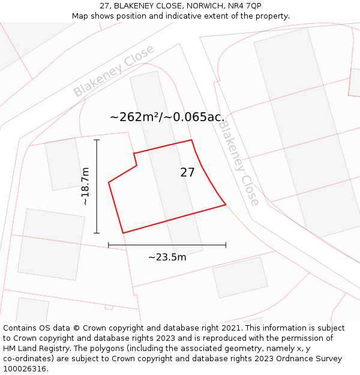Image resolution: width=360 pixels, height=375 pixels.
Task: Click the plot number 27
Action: point(187,173)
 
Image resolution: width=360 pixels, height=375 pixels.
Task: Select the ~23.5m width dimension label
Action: point(167,257)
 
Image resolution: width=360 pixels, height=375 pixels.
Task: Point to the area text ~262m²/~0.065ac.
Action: point(167,117)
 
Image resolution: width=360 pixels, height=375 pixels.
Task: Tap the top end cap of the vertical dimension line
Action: point(97,140)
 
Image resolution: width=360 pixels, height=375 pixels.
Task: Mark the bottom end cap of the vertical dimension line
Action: point(97,233)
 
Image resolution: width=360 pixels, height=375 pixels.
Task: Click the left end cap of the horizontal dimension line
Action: point(109,245)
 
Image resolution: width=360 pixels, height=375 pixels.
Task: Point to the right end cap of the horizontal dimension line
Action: point(226,245)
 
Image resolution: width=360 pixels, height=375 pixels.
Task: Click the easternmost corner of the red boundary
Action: point(226,205)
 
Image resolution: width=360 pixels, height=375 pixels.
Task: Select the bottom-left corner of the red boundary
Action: point(123,233)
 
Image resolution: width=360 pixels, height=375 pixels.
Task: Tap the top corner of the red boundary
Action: point(191,140)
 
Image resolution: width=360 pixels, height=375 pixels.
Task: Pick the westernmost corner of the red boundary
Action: point(109,182)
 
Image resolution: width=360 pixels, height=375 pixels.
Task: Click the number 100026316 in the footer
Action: point(25,369)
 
